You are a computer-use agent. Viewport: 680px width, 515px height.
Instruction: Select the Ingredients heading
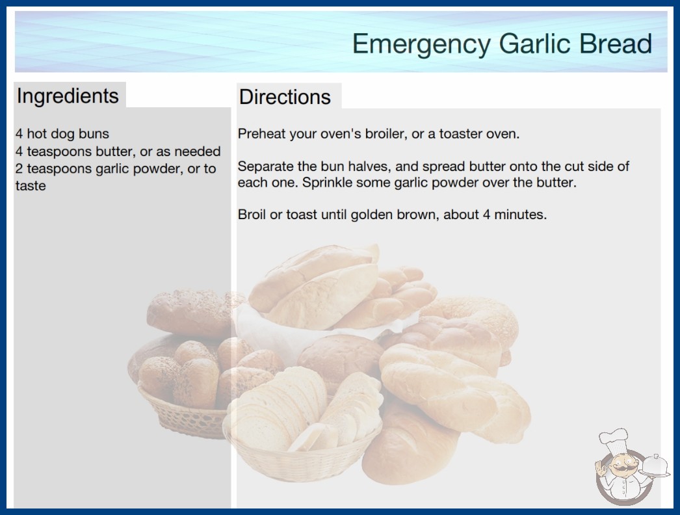[68, 96]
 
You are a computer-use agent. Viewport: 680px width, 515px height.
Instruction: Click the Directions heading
[285, 97]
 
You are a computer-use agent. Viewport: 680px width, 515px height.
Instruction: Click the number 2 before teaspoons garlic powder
[19, 168]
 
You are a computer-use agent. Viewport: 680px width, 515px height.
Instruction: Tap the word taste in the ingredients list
[31, 186]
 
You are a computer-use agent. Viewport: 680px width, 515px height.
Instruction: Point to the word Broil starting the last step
[252, 215]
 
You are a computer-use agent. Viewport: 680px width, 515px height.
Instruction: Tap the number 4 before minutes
[486, 215]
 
